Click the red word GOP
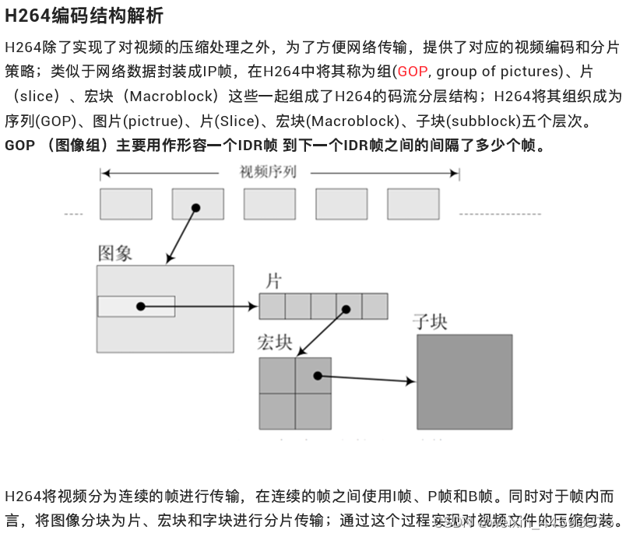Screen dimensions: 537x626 (413, 72)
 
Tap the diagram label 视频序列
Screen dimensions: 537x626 (269, 172)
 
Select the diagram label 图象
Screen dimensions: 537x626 (114, 253)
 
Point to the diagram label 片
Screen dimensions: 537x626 (273, 281)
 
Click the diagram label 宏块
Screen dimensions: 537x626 (274, 343)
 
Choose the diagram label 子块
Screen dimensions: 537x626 (431, 321)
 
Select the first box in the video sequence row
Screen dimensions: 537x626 (125, 204)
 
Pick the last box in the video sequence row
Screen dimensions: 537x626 (413, 204)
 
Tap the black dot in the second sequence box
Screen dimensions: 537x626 (196, 208)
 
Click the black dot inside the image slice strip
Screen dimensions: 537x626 (141, 307)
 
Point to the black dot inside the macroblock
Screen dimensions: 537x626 (318, 376)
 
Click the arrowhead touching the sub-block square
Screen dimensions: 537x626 (410, 381)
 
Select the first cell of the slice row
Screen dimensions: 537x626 (272, 306)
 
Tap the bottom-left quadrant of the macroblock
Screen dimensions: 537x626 (277, 412)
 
